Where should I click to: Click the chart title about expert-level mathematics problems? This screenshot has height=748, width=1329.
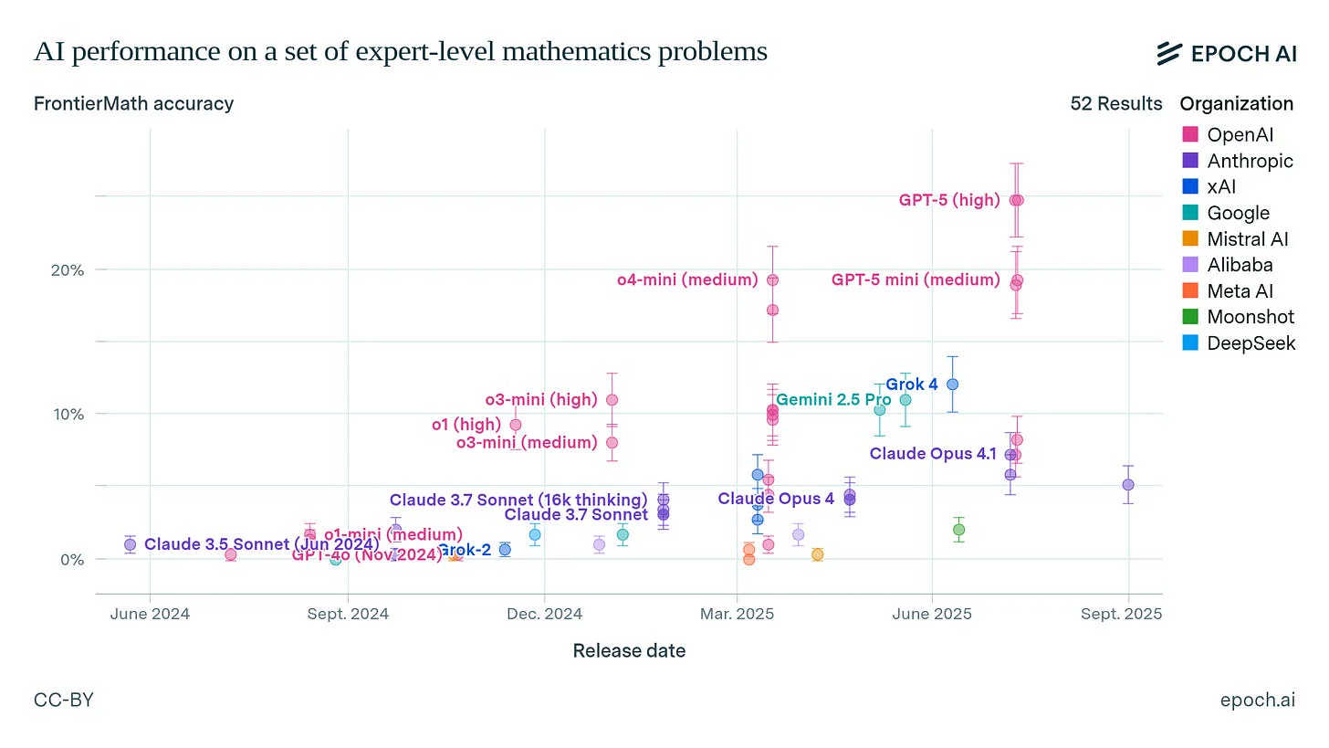[x=400, y=52]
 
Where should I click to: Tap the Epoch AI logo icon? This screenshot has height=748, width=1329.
[x=1170, y=54]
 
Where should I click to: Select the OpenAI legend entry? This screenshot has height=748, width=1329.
[x=1239, y=135]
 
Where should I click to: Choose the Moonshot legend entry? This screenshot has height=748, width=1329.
[x=1250, y=318]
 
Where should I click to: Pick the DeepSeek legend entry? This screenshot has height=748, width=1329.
[x=1251, y=343]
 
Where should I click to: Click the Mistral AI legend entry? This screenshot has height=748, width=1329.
[x=1247, y=239]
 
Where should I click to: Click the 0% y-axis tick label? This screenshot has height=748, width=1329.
[x=73, y=559]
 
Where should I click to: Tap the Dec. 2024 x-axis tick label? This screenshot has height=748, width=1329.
[x=544, y=614]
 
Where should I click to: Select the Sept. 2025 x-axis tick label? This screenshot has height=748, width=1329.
[x=1126, y=614]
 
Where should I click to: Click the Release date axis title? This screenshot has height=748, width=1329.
[x=629, y=651]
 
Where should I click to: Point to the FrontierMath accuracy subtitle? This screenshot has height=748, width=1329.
[x=133, y=103]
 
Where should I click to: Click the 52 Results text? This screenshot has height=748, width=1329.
[x=1115, y=103]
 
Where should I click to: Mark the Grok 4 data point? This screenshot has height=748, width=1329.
[x=952, y=385]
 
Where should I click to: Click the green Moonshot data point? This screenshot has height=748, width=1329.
[x=958, y=530]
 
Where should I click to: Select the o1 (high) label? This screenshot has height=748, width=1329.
[x=466, y=425]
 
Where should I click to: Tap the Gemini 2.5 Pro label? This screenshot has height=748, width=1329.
[x=832, y=400]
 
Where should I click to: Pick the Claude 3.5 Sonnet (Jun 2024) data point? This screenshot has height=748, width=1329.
[x=131, y=544]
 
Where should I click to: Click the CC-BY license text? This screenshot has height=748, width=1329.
[x=63, y=701]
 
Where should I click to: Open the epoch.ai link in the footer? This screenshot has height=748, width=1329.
[x=1257, y=701]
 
